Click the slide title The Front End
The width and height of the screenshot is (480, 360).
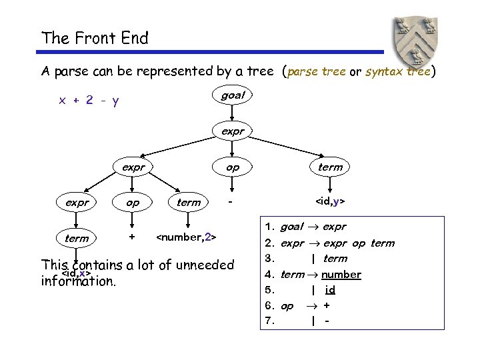(x=95, y=38)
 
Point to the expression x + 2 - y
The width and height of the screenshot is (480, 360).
(x=89, y=101)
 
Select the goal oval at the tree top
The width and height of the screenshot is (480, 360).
(x=233, y=95)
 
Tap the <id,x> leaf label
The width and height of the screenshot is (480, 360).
(x=76, y=273)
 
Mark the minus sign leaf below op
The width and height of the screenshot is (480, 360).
(x=231, y=201)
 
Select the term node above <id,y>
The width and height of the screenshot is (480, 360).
(x=330, y=167)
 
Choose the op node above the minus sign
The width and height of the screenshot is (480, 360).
(x=233, y=167)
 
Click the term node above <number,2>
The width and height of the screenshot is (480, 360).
(x=189, y=202)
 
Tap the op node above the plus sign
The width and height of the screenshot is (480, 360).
(x=133, y=202)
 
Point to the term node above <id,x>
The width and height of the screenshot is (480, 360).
(x=77, y=238)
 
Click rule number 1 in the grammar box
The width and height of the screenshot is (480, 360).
(x=271, y=227)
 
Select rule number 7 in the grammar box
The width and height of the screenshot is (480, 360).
(x=271, y=320)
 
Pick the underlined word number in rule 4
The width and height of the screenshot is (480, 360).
(x=341, y=274)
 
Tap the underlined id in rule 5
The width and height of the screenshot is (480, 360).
(x=330, y=290)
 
